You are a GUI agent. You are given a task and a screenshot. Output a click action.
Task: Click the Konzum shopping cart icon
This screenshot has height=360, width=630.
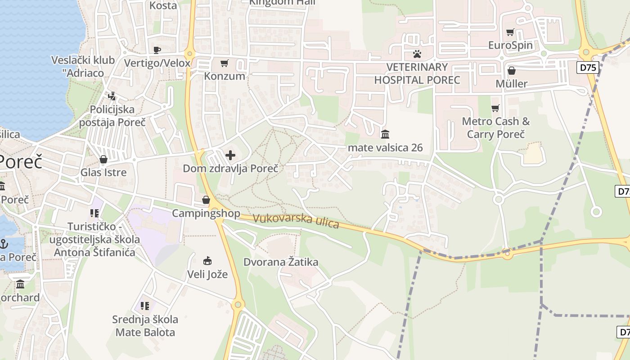tap(224, 63)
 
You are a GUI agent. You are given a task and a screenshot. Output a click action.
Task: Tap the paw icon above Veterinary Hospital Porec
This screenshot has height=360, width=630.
tap(417, 54)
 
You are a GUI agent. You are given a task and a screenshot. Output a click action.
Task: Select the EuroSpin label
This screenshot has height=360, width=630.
tap(510, 45)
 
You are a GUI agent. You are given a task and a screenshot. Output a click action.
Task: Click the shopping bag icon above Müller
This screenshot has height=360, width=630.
tap(511, 71)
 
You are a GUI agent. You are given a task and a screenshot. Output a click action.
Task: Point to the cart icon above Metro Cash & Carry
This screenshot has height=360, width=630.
tap(495, 108)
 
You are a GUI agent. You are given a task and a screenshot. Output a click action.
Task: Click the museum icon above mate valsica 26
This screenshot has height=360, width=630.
tap(385, 134)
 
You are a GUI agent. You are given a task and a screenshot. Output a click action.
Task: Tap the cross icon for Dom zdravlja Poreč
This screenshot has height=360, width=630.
tap(230, 156)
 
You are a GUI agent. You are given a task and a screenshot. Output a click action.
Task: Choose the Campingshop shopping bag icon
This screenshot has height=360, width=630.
tap(206, 200)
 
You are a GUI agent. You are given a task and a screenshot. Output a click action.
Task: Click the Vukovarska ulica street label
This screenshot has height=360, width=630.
tap(296, 220)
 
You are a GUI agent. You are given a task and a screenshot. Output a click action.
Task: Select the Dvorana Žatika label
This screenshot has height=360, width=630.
tap(281, 262)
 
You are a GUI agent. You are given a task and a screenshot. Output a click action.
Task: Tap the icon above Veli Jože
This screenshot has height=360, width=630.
tap(207, 261)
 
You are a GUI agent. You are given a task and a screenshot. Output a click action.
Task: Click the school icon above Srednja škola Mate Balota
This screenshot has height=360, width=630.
tap(145, 306)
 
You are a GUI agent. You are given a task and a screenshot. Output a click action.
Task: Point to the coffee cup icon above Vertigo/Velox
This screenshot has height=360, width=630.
tap(157, 50)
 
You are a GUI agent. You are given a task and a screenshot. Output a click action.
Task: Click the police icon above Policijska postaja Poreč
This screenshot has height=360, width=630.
tap(112, 96)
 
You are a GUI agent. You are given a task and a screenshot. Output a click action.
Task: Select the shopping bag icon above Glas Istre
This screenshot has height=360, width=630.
tap(103, 159)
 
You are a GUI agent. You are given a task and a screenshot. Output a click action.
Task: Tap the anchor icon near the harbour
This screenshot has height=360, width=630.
tap(4, 244)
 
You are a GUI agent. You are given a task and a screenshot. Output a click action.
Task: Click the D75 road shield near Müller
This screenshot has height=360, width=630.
tap(588, 68)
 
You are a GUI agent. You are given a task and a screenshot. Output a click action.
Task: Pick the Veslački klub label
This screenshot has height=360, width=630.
tap(77, 66)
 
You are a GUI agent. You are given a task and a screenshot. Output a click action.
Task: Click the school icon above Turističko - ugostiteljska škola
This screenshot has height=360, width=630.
tap(94, 213)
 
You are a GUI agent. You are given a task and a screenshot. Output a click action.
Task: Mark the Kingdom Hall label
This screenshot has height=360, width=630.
tap(283, 2)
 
